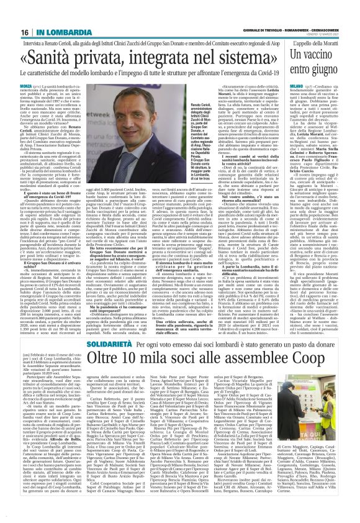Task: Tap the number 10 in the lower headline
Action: (138, 342)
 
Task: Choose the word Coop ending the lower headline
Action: (325, 342)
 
